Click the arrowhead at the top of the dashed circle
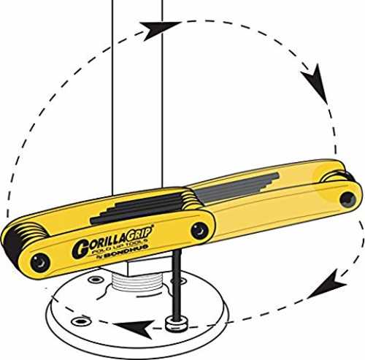coord(158,29)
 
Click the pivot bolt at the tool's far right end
coord(348,199)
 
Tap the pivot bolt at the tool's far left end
coord(39,264)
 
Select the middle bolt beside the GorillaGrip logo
coord(199,231)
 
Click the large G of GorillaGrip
coord(80,249)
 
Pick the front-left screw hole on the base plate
coord(81,322)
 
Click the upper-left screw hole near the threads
coord(96,280)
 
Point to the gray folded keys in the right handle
coord(236,188)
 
